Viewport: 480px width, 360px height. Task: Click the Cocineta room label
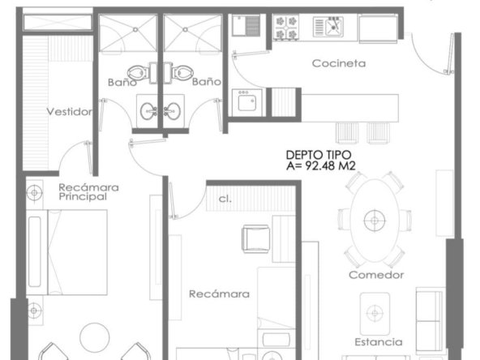[x=339, y=63]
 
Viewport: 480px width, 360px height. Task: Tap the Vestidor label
[x=70, y=112]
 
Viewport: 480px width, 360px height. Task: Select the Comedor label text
[x=376, y=275]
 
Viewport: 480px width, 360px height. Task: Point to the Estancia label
[x=379, y=342]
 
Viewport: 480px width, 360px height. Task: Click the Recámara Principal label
[x=88, y=192]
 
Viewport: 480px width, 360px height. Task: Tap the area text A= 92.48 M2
[x=321, y=166]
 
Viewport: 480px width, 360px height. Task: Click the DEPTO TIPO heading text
[x=319, y=155]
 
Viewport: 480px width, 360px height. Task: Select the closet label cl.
[x=225, y=199]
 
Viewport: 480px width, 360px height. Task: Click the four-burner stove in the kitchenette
[x=286, y=28]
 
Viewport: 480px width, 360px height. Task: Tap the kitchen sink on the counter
[x=328, y=27]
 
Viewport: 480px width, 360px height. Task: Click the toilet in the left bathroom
[x=139, y=73]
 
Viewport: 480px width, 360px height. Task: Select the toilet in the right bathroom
[x=182, y=73]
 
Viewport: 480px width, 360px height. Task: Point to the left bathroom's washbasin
[x=148, y=111]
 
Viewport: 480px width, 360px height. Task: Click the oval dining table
[x=375, y=221]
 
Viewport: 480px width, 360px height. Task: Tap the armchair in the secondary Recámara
[x=256, y=238]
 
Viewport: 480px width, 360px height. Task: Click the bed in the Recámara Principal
[x=66, y=252]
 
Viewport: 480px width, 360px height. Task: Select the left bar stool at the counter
[x=347, y=133]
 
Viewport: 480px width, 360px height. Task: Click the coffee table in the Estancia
[x=375, y=314]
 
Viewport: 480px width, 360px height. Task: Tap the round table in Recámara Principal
[x=95, y=337]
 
